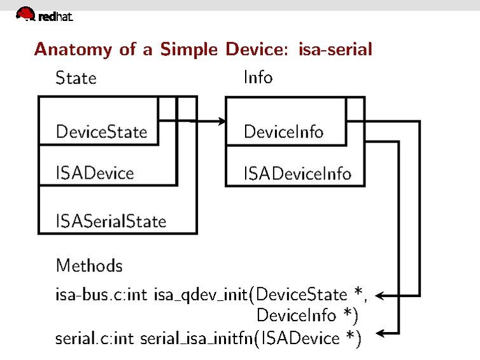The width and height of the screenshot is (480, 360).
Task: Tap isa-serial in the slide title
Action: click(x=335, y=49)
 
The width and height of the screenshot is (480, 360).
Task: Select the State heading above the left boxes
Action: click(x=76, y=78)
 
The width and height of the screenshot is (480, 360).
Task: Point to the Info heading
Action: click(x=258, y=78)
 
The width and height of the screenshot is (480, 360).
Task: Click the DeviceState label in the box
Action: click(x=101, y=132)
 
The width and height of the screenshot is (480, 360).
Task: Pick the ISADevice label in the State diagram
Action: click(x=95, y=172)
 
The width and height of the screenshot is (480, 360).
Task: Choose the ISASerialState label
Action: click(x=111, y=221)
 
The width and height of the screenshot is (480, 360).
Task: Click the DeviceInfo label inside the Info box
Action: click(x=283, y=132)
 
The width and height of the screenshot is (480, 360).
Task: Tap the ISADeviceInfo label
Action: click(x=297, y=173)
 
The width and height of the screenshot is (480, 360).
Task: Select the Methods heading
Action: click(x=89, y=265)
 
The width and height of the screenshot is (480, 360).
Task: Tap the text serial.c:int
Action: click(x=95, y=338)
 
